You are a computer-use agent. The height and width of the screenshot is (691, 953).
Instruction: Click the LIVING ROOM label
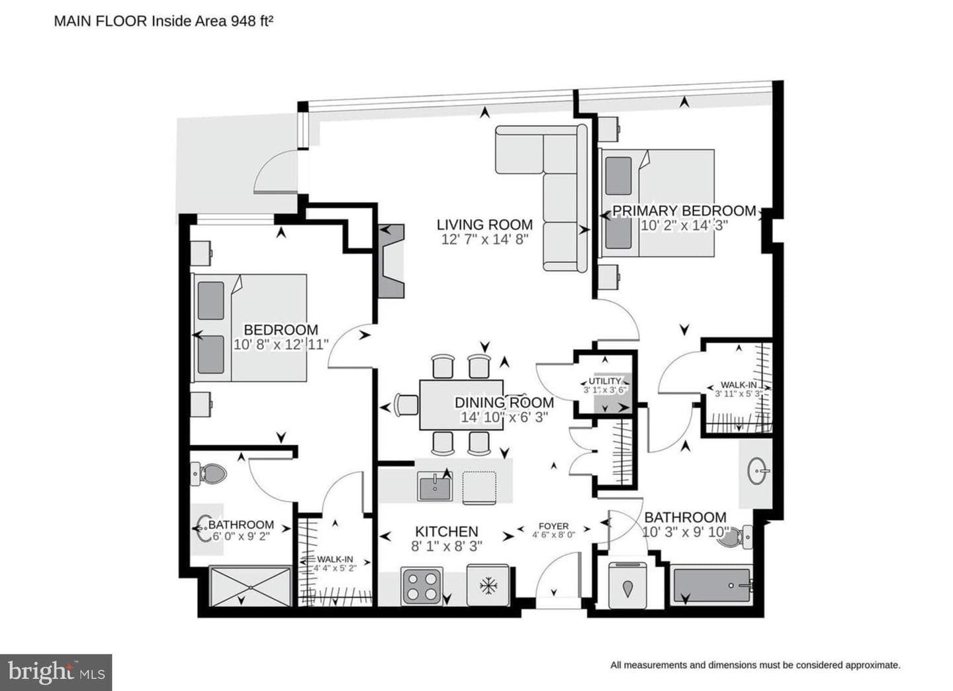pyautogui.click(x=484, y=225)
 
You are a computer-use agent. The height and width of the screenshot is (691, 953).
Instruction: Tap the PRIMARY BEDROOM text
pyautogui.click(x=684, y=211)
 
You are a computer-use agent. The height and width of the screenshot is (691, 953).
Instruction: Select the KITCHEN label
pyautogui.click(x=447, y=532)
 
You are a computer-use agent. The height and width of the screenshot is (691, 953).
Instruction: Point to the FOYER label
pyautogui.click(x=553, y=526)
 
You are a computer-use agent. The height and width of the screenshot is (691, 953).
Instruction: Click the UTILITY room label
pyautogui.click(x=605, y=381)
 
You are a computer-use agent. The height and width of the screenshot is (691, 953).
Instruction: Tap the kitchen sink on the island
pyautogui.click(x=435, y=486)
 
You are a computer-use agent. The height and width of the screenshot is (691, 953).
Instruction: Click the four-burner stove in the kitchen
pyautogui.click(x=422, y=586)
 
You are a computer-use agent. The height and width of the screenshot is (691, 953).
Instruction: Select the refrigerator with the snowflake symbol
pyautogui.click(x=488, y=586)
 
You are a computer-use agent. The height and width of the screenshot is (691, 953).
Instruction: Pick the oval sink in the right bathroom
pyautogui.click(x=758, y=471)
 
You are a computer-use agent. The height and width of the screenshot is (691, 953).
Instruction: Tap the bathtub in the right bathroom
pyautogui.click(x=712, y=585)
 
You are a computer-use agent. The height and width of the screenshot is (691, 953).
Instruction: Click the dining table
pyautogui.click(x=461, y=405)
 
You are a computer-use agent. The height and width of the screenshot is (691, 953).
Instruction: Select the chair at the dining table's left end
pyautogui.click(x=406, y=404)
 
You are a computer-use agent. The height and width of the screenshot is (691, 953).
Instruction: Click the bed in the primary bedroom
pyautogui.click(x=657, y=203)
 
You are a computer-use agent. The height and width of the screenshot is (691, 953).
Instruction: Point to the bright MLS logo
pyautogui.click(x=56, y=672)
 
